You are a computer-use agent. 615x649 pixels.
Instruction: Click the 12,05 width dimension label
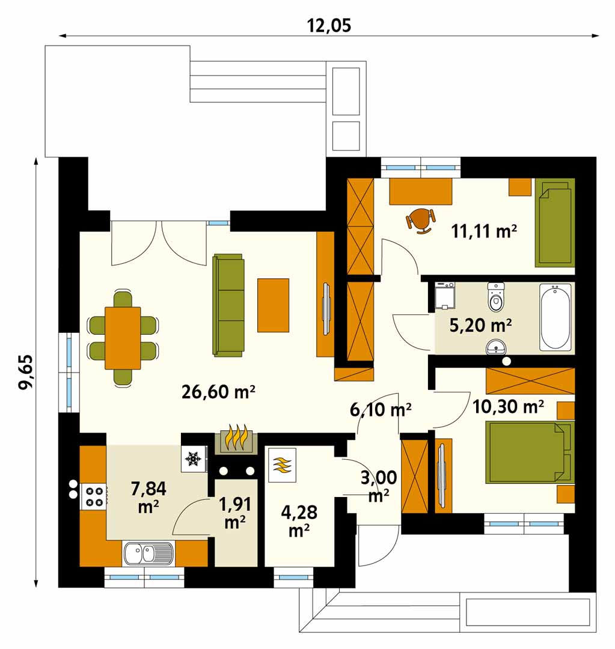329,25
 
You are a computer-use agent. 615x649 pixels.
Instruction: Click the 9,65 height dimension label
25,371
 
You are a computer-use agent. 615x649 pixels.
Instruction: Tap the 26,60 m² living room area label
218,391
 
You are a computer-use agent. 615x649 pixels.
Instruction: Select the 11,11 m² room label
484,231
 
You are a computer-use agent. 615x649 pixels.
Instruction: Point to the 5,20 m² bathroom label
480,325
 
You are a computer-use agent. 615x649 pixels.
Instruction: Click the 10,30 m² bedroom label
508,407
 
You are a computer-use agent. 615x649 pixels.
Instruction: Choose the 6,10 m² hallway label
381,410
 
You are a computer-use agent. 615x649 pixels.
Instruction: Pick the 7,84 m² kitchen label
148,497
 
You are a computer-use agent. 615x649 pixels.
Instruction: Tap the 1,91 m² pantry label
235,513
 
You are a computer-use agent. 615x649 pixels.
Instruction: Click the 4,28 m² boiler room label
299,521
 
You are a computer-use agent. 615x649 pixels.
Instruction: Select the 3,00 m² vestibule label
379,486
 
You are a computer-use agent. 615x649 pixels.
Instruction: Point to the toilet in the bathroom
496,297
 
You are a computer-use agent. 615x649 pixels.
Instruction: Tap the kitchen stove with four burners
94,497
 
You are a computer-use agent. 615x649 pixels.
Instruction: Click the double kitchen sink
148,553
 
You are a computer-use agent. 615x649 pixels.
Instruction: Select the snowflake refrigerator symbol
194,459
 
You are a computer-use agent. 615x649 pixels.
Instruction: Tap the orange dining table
123,338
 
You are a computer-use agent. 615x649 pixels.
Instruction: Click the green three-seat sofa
228,305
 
